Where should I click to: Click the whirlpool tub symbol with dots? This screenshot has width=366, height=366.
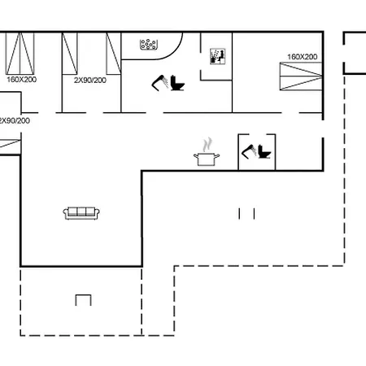tap(149, 45)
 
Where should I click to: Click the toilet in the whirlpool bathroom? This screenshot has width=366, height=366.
tap(179, 84)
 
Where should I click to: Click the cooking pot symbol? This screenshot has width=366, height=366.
tap(207, 157)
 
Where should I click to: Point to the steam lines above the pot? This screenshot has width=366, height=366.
tap(207, 142)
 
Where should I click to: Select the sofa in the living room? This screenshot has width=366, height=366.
tap(81, 212)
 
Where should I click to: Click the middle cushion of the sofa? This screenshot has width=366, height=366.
tap(81, 212)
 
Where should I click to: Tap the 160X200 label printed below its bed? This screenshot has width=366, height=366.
tap(22, 81)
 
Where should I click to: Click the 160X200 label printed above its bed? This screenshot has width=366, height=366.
tap(302, 57)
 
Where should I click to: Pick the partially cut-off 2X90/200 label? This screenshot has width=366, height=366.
tap(15, 120)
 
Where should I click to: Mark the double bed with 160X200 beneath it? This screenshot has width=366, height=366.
tap(21, 54)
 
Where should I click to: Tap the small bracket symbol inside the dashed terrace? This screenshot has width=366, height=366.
tap(83, 299)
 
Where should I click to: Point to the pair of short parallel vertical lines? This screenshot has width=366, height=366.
tap(247, 213)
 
